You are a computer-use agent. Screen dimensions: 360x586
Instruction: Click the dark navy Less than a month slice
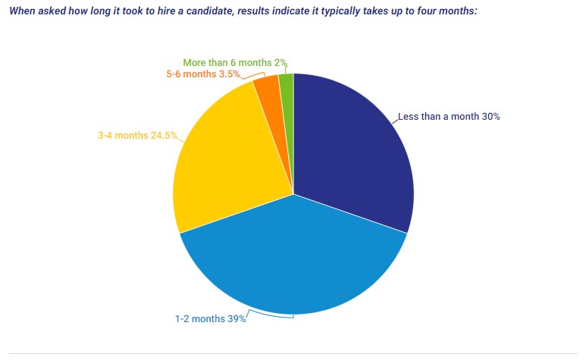(353, 152)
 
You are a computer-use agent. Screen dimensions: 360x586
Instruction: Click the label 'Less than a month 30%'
(449, 117)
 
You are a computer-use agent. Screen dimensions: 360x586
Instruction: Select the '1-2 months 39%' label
(210, 319)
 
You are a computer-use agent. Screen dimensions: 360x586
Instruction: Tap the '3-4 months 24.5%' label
(137, 136)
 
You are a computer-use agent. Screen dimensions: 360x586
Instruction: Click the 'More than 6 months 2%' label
(235, 63)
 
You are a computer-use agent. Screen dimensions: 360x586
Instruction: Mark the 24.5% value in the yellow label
(164, 136)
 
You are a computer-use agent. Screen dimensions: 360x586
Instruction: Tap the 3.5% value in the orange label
(230, 74)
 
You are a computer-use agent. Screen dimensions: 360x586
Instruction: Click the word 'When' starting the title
(22, 13)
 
